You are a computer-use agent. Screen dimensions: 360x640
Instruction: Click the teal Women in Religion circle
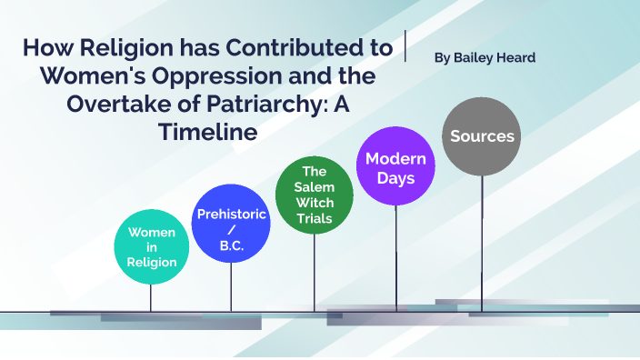pos(151,247)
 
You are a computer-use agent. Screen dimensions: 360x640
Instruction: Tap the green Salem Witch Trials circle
pos(315,195)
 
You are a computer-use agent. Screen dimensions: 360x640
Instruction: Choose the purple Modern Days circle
pos(395,168)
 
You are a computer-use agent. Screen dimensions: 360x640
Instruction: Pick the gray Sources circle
pos(482,136)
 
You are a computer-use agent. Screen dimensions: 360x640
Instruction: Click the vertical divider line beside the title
pos(405,45)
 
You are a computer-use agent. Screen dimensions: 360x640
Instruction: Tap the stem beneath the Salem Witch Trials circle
pos(315,273)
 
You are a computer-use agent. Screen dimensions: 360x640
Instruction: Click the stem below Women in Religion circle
pos(151,298)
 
